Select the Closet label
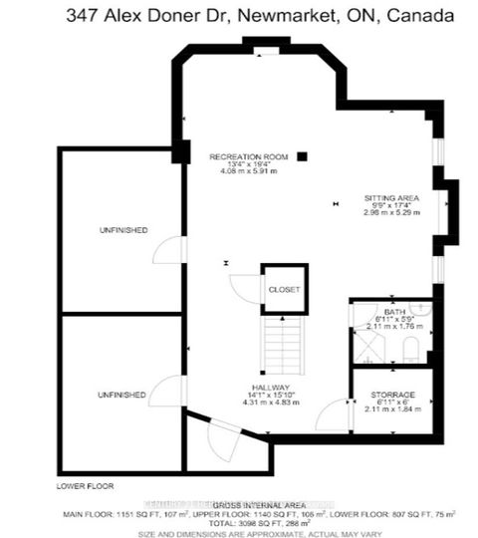click(283, 289)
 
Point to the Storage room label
click(392, 395)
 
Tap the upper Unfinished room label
click(123, 230)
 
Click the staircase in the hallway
click(283, 344)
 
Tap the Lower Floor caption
click(85, 486)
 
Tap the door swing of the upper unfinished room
click(171, 251)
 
